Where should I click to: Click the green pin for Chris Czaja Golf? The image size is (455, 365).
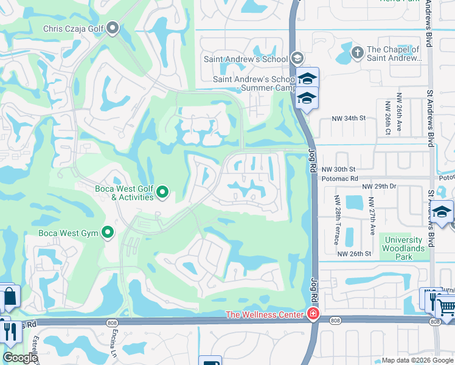[x=113, y=28]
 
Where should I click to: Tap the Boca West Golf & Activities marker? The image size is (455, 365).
[x=162, y=193]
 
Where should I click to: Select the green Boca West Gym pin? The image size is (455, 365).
[x=108, y=232]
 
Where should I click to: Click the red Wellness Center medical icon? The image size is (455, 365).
[x=313, y=314]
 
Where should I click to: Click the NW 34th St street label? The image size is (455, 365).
[x=348, y=119]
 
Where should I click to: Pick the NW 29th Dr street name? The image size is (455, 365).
[x=379, y=187]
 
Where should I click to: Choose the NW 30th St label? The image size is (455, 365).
[x=338, y=169]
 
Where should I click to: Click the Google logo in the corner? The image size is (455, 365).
[x=20, y=358]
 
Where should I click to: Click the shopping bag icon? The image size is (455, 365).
[x=10, y=298]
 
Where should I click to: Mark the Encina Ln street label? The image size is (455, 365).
[x=114, y=344]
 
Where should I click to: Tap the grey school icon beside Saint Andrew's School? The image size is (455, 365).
[x=296, y=58]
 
